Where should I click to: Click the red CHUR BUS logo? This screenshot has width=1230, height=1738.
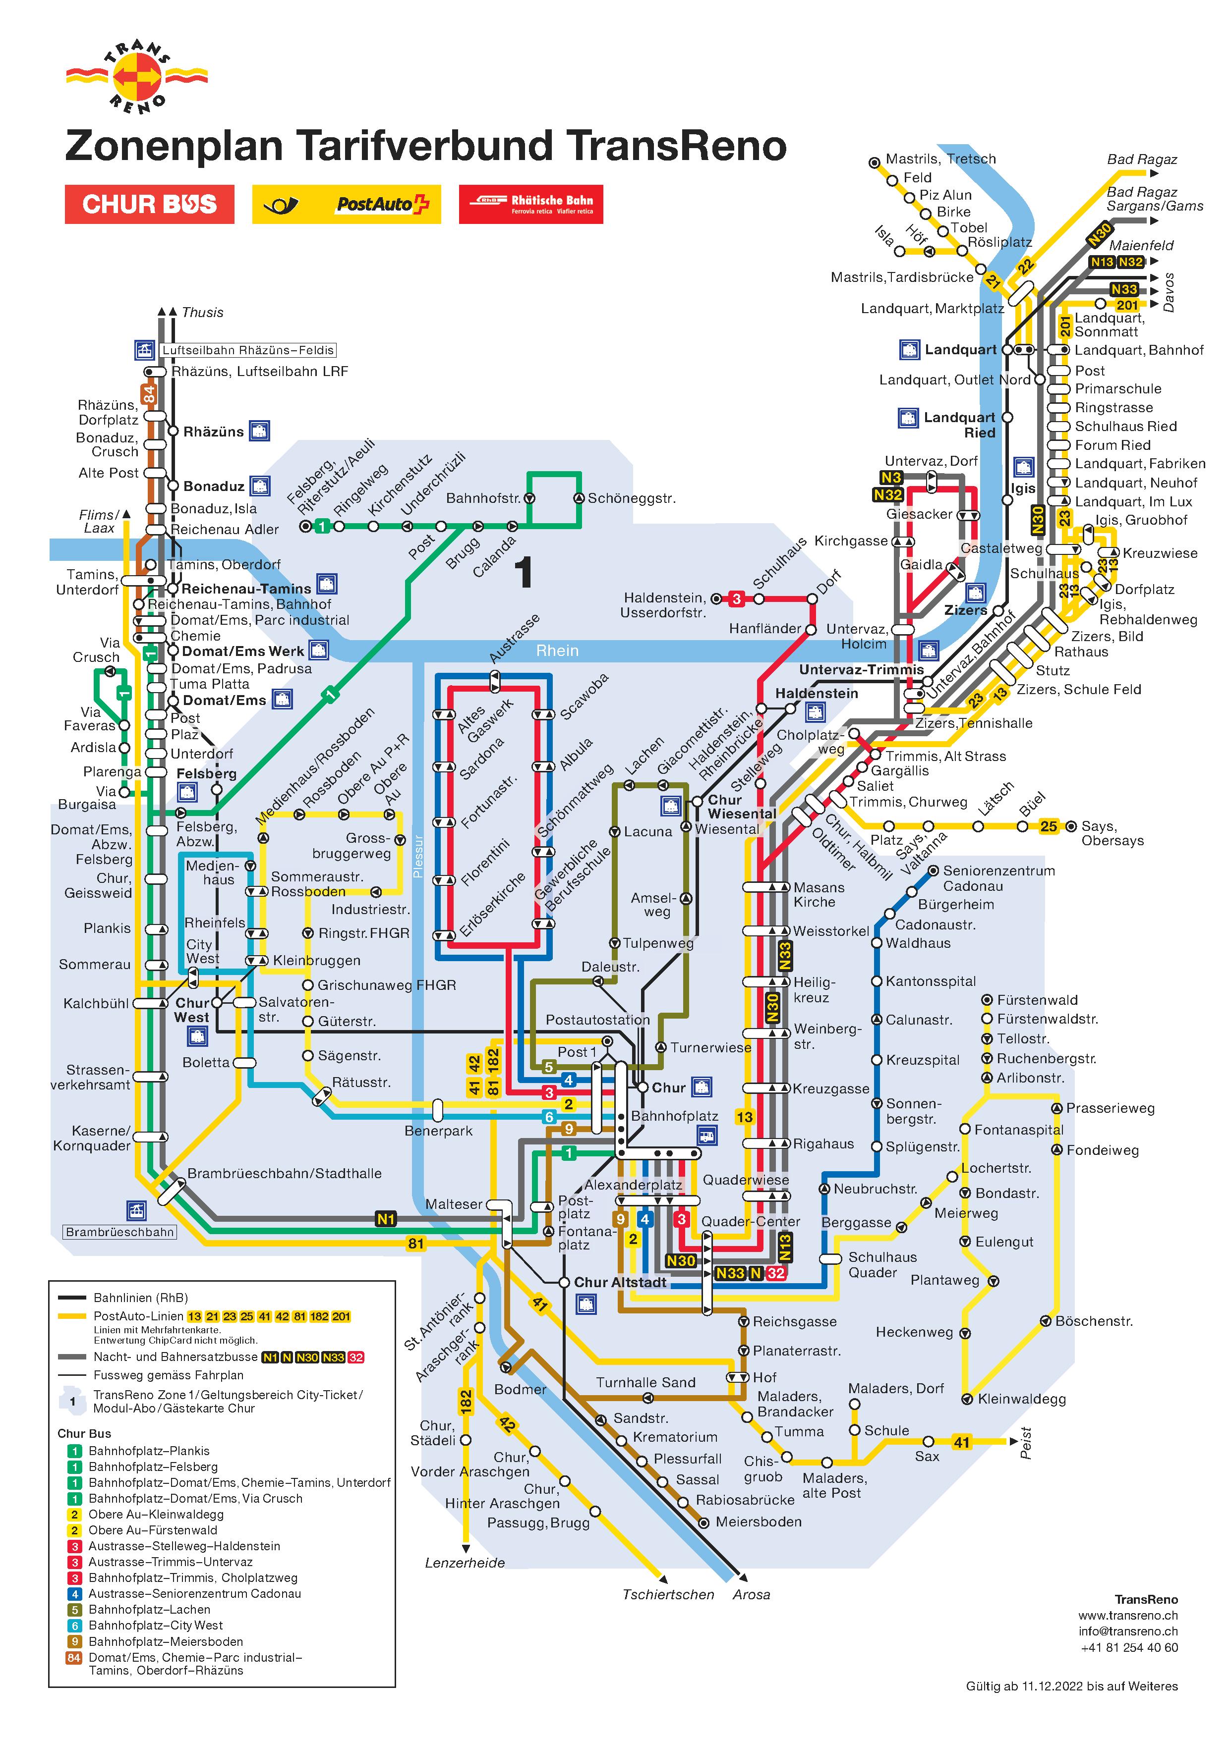coord(149,205)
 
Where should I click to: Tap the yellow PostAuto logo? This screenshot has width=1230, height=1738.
coord(346,205)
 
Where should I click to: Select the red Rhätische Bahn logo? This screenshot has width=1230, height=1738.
coord(531,205)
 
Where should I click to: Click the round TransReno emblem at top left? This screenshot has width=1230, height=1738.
coord(137,76)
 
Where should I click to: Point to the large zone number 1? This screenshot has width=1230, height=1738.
coord(524,573)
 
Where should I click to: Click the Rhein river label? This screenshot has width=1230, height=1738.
coord(557,650)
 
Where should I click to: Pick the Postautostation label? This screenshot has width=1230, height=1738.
coord(597,1020)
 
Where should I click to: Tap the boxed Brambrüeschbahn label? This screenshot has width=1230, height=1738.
coord(119,1232)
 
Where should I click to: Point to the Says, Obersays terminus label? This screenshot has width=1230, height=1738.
coord(1112,833)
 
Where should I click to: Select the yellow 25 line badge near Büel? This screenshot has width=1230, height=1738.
coord(1048,826)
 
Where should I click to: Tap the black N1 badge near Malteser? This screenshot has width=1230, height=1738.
coord(386,1219)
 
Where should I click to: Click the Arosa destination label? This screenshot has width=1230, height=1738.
coord(751,1594)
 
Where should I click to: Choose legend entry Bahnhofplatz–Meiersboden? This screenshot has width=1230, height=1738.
coord(155,1642)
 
